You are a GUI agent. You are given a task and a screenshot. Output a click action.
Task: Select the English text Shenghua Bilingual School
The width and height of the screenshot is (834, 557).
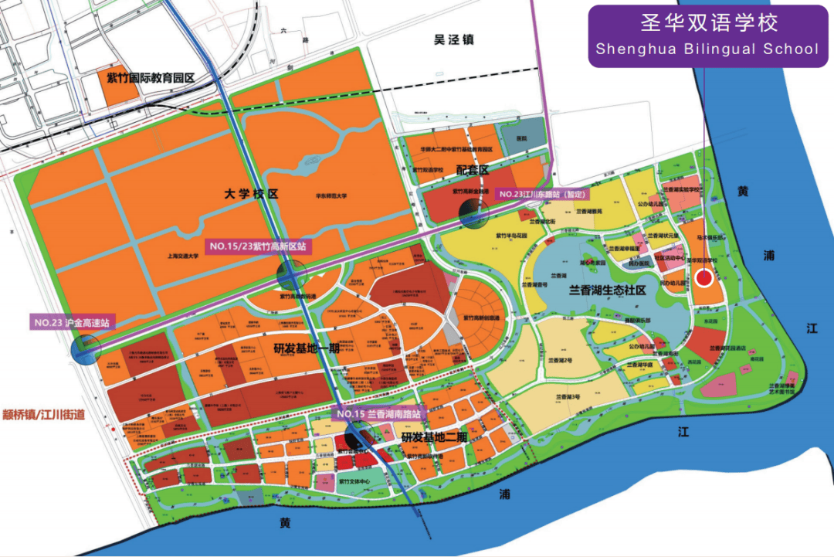706,49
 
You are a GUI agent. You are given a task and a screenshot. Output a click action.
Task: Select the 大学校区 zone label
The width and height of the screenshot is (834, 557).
252,193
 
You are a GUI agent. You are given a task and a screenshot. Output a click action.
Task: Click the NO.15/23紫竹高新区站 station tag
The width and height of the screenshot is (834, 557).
257,246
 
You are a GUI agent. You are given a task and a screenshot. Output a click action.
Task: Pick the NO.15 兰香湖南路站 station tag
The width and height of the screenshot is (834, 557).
378,414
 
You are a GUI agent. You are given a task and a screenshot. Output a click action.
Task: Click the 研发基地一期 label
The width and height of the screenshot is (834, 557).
307,347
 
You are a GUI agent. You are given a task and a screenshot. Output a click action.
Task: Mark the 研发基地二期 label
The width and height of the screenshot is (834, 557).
434,436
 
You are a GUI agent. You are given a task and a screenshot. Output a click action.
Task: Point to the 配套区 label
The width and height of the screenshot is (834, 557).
473,169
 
